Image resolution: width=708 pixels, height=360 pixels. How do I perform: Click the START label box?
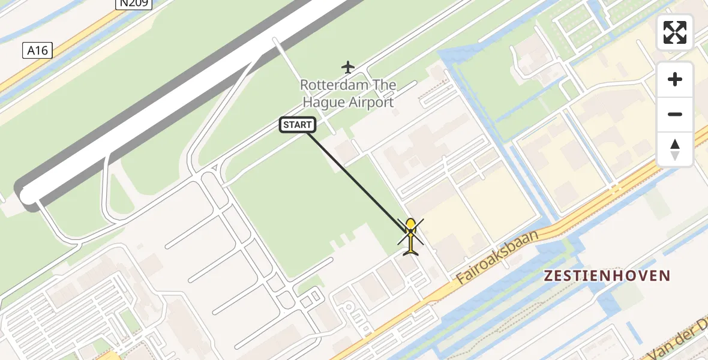point(298,125)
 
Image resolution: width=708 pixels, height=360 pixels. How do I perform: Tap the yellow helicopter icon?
point(410,236)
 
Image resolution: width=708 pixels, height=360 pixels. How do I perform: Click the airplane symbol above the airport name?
point(347,67)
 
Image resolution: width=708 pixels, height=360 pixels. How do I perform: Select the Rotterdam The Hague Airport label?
point(348,94)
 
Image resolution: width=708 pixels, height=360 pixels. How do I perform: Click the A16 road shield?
point(37,51)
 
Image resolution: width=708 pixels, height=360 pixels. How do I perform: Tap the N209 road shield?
point(133,4)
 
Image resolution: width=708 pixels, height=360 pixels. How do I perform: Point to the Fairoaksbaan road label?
point(497,256)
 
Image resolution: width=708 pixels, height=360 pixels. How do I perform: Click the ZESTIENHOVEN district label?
point(606,275)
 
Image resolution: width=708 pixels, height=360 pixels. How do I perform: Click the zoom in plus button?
point(675,79)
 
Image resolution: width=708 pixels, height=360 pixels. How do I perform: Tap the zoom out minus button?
point(675,114)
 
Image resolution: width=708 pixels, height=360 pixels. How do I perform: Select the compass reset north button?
point(675,149)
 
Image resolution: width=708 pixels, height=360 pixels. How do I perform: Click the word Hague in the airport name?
point(323,102)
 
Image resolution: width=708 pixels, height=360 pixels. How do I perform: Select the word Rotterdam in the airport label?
point(328,85)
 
